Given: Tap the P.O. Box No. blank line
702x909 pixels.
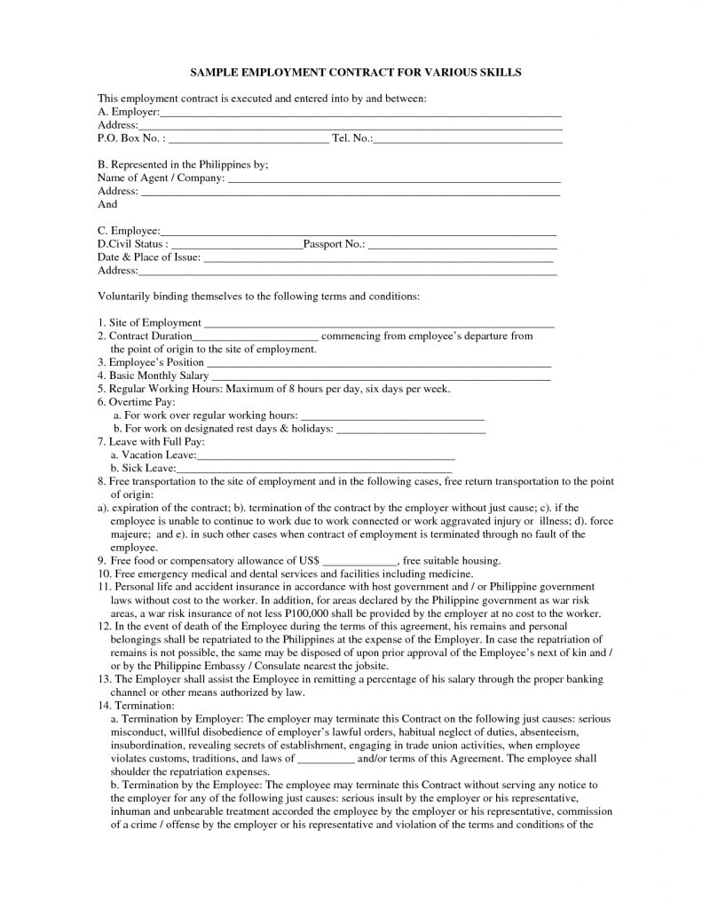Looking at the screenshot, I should pyautogui.click(x=248, y=140).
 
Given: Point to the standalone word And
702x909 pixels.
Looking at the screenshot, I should pyautogui.click(x=106, y=203).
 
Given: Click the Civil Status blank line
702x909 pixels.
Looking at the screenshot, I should pyautogui.click(x=236, y=244).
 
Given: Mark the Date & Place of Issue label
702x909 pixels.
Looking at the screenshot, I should pyautogui.click(x=149, y=257).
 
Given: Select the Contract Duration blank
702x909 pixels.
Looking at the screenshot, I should pyautogui.click(x=255, y=337).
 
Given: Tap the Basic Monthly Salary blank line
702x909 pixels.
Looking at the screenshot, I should pyautogui.click(x=382, y=377).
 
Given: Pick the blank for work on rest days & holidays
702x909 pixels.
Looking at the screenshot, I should pyautogui.click(x=412, y=430).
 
